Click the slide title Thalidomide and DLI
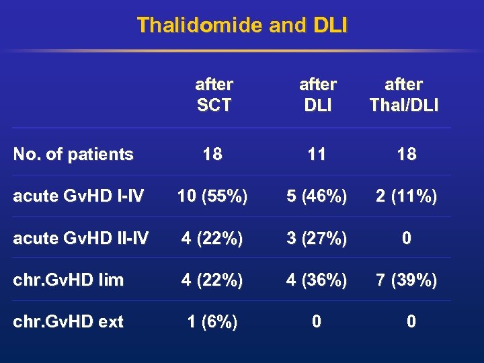tap(242, 26)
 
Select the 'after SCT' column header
tap(214, 95)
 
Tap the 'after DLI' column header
tap(317, 95)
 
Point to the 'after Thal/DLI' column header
tap(403, 95)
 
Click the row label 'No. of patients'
tap(73, 155)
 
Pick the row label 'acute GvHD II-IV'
tap(81, 238)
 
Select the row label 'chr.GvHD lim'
tap(69, 280)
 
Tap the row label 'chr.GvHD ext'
tap(69, 322)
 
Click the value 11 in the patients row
tap(317, 155)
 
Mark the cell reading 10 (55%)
tap(212, 196)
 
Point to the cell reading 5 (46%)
tap(317, 196)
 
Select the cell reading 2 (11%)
tap(407, 196)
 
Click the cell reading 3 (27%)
tap(317, 238)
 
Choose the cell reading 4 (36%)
tap(317, 280)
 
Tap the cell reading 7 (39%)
tap(407, 280)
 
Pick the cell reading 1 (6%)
tap(212, 322)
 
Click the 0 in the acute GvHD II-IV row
tap(407, 238)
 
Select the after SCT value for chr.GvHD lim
tap(212, 280)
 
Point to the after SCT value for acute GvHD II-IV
tap(212, 238)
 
